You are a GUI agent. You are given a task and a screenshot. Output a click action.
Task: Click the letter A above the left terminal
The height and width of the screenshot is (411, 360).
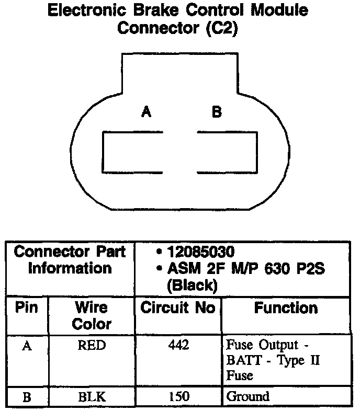coord(146,112)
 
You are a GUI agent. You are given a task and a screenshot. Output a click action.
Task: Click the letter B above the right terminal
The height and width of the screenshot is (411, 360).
coord(216,112)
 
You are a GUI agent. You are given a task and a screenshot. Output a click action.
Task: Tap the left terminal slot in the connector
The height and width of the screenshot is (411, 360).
coord(132,152)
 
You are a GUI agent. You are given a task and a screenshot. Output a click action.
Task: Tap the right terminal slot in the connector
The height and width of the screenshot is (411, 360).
coord(227,152)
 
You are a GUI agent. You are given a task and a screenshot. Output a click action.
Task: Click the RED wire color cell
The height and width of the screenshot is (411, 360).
coord(92,346)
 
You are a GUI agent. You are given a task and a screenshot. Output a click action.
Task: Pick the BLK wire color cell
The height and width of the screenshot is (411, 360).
coord(92,397)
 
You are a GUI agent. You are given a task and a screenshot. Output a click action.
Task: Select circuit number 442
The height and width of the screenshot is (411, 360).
coord(178,346)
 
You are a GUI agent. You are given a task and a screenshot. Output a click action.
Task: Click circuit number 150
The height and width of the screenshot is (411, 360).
coord(178,397)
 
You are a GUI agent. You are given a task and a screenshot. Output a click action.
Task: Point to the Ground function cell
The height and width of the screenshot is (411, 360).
coord(248,397)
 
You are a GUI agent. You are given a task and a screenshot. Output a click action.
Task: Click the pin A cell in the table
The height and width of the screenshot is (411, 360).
coord(27,346)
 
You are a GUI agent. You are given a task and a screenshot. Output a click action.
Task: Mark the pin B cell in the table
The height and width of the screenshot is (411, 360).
coord(27,397)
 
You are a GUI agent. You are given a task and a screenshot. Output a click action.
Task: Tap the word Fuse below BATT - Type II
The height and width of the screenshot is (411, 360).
coord(240,375)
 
